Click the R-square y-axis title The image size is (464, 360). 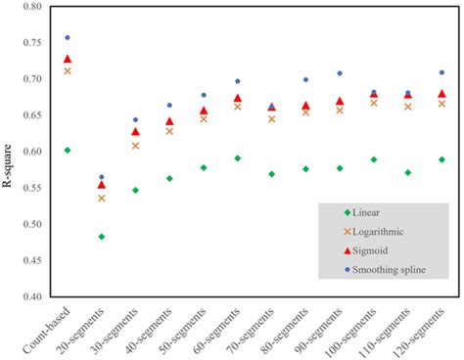[x=9, y=152]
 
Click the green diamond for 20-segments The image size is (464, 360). [x=101, y=237]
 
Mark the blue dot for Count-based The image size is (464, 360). [x=67, y=38]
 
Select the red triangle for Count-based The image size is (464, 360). [x=67, y=60]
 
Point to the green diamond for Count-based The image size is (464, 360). [x=67, y=150]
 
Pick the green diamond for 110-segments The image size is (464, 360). [x=408, y=172]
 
